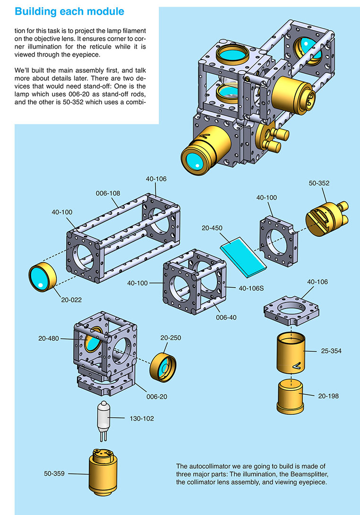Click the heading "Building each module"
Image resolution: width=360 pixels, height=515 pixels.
tap(70, 11)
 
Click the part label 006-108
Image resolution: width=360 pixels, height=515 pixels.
tap(109, 193)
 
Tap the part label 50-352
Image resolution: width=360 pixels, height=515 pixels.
tap(319, 182)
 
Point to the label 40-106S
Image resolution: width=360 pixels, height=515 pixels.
tap(251, 287)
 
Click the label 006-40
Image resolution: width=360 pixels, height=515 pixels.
tap(225, 317)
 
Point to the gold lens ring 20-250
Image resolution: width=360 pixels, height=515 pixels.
tap(165, 367)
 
